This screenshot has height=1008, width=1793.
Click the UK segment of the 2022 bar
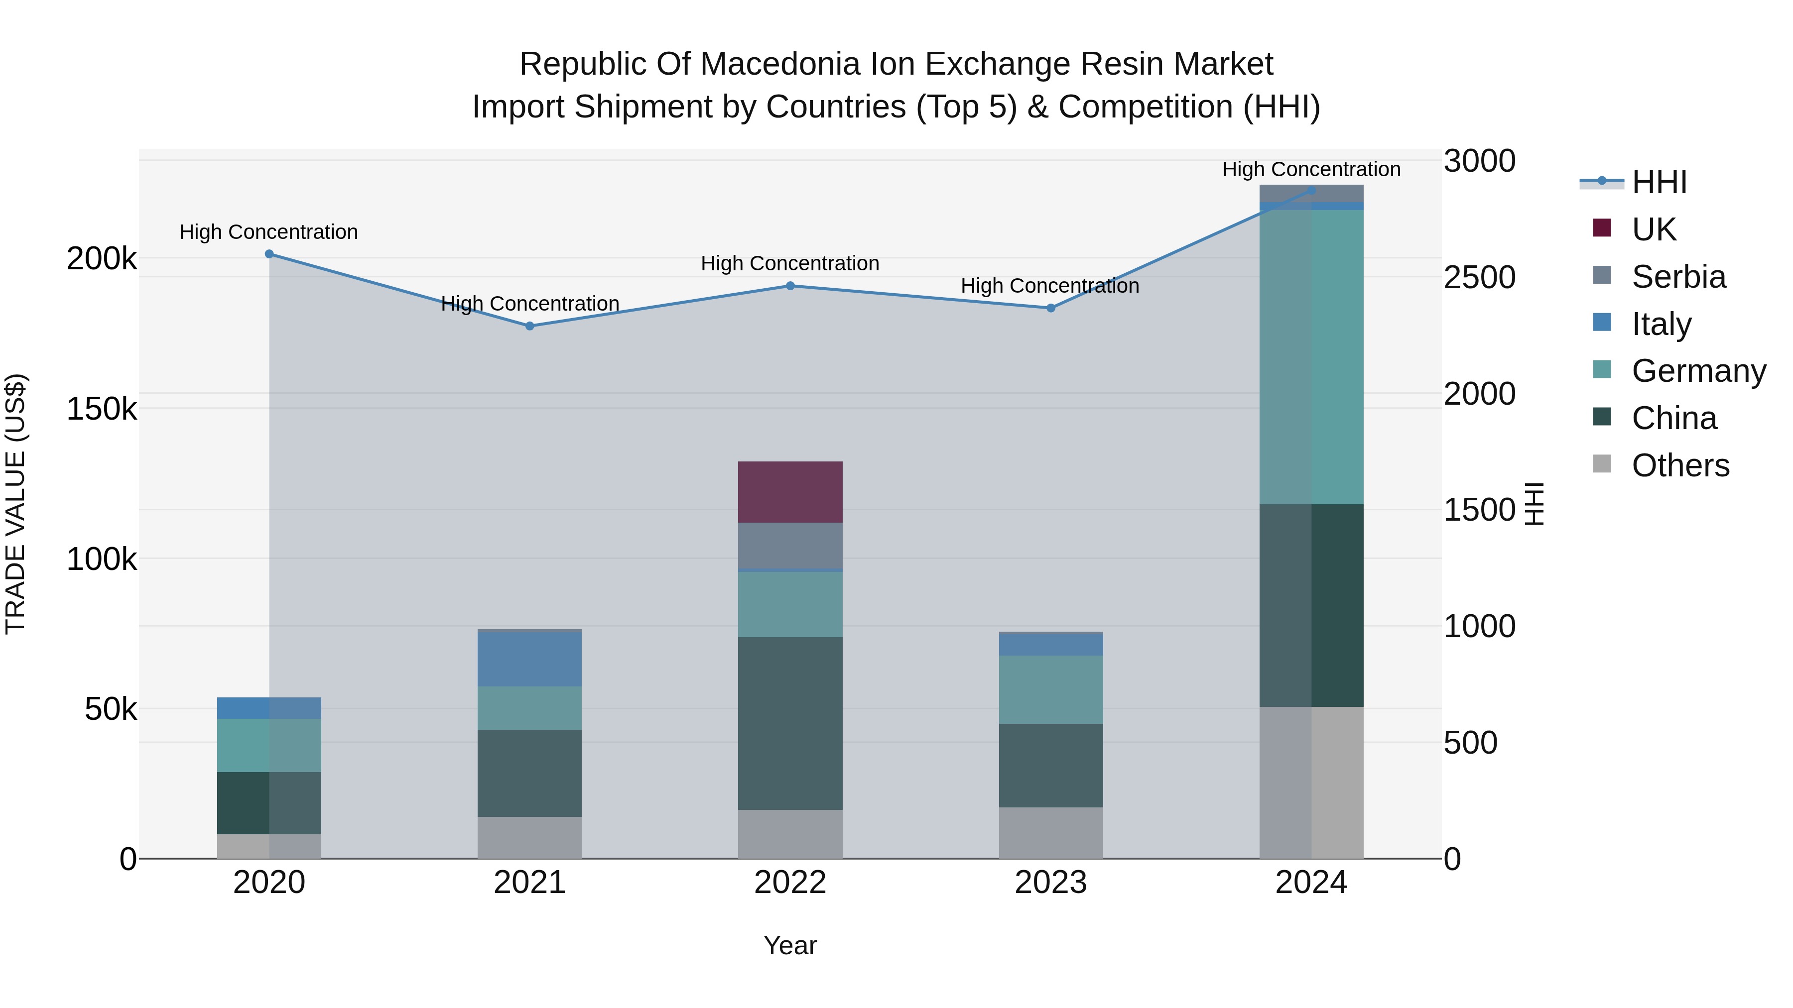coord(790,492)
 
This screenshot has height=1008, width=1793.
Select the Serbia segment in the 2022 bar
coord(790,546)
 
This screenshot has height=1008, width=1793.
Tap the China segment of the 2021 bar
coord(529,773)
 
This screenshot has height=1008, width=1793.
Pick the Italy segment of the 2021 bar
coord(529,658)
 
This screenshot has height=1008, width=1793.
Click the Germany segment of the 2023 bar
coord(1050,689)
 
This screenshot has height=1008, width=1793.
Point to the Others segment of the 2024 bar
coord(1311,783)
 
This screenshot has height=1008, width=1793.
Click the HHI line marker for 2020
coord(269,254)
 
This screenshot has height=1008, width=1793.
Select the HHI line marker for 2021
coord(530,326)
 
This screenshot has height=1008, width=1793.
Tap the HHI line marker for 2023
coord(1051,308)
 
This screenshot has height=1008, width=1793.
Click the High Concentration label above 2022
coord(790,264)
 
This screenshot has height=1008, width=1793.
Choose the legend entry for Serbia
coord(1678,277)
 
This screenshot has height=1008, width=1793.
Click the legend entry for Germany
coord(1698,371)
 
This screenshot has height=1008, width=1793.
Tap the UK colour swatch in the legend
coord(1602,228)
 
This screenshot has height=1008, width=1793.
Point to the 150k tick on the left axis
coord(102,409)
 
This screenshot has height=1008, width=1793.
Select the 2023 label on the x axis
coord(1050,883)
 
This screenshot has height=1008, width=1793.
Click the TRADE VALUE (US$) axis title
coord(15,504)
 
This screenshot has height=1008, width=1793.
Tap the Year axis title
coord(790,945)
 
